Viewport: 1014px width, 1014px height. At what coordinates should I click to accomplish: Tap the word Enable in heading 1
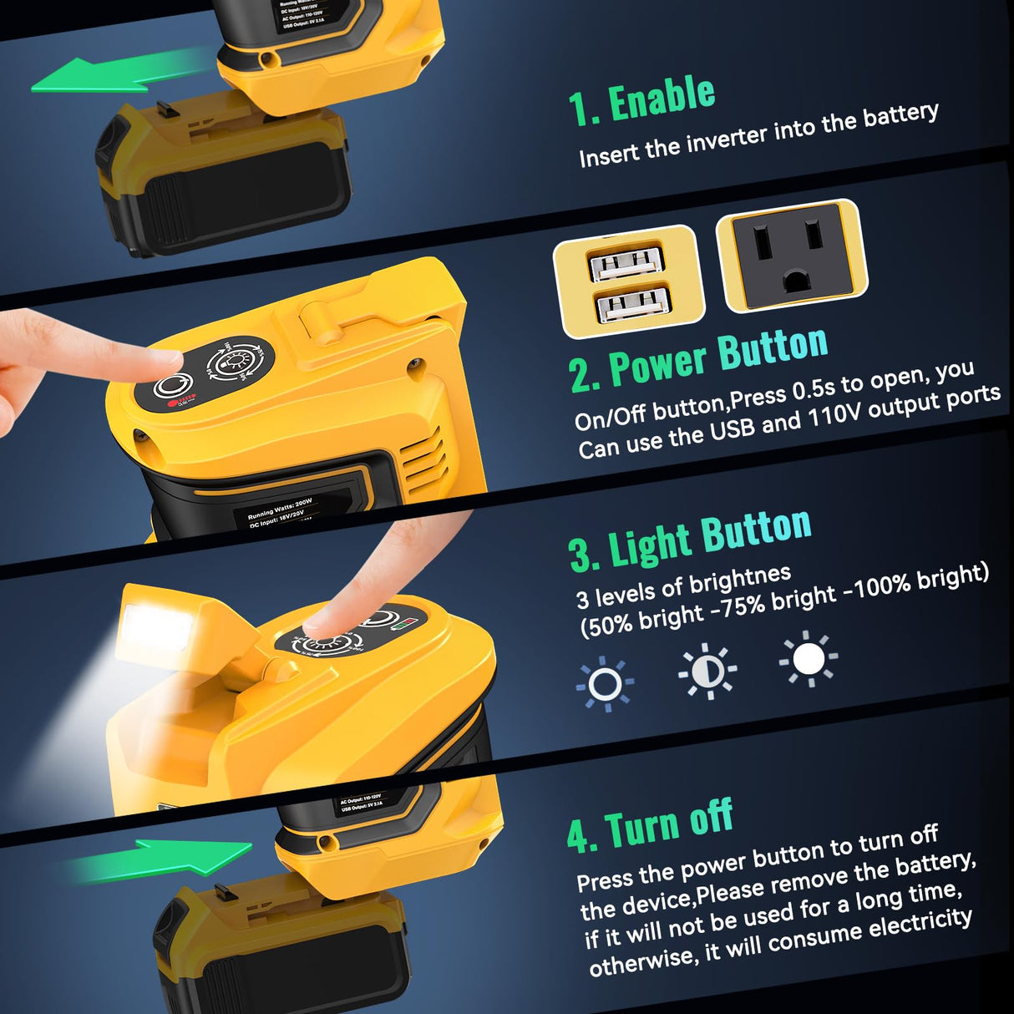point(662,99)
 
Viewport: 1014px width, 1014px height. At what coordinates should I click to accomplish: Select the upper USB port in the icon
point(626,265)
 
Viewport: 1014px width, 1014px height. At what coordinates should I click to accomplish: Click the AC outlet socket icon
point(792,256)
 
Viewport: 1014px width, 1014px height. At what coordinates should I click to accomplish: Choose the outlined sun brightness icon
point(605,684)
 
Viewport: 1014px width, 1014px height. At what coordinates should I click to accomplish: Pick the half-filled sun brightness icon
point(707,670)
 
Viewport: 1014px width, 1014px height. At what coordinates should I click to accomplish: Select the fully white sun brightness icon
point(809,659)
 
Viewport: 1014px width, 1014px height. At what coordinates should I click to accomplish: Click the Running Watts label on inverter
point(280,510)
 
